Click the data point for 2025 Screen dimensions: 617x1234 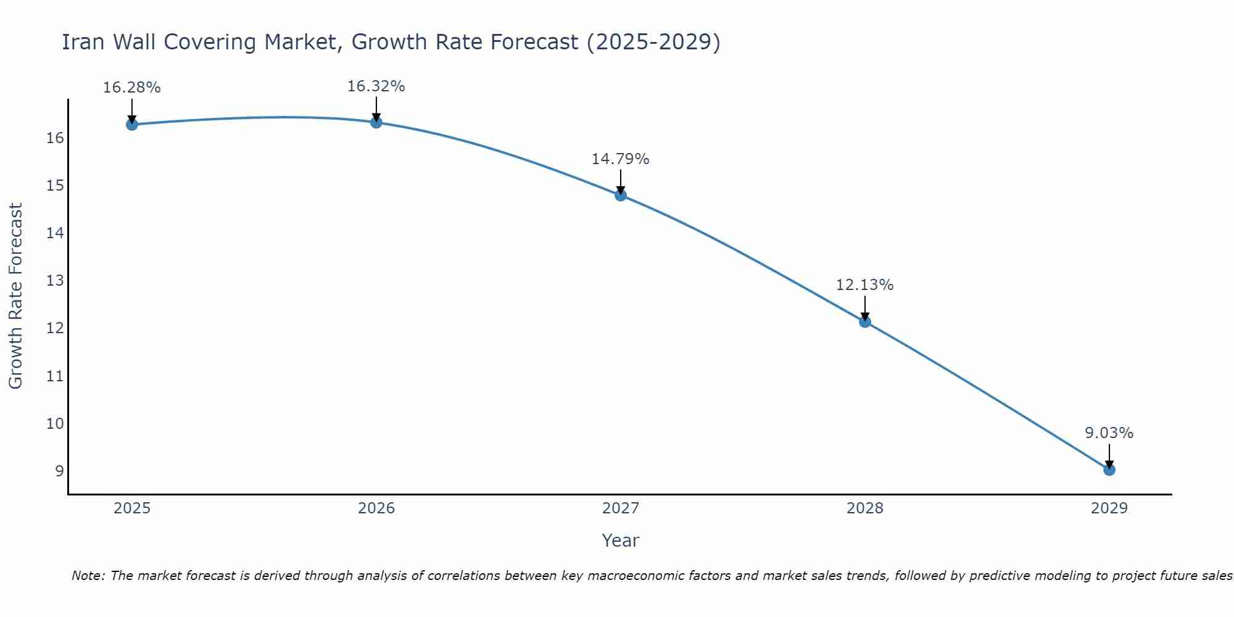click(131, 125)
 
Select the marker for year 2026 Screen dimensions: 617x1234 click(376, 122)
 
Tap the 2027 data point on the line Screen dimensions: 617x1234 click(620, 196)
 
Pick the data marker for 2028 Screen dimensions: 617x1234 click(864, 321)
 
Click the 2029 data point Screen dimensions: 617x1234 click(1109, 470)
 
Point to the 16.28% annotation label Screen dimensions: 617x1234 click(131, 88)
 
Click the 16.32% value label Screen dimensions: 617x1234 click(376, 86)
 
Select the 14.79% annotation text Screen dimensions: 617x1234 click(620, 159)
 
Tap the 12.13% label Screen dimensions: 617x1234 click(864, 285)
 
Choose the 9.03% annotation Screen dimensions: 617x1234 click(1109, 433)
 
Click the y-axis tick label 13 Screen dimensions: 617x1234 click(55, 281)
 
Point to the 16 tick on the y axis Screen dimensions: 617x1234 click(55, 138)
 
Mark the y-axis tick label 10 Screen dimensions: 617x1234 click(55, 424)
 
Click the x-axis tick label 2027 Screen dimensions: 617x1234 click(620, 508)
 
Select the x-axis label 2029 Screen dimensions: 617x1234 click(1109, 508)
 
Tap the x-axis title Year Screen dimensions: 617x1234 click(620, 540)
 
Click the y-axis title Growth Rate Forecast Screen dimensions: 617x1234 click(15, 296)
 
